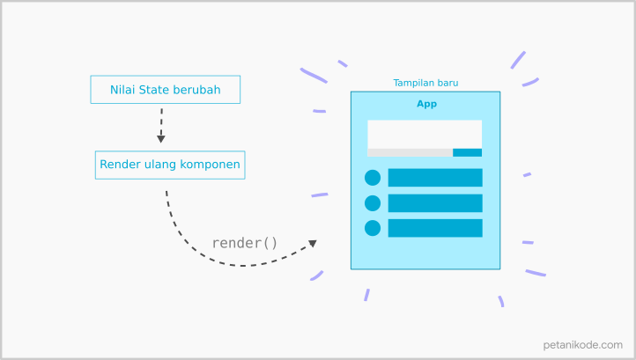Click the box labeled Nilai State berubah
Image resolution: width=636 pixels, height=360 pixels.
click(165, 90)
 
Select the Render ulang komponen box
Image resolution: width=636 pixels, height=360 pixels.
click(170, 165)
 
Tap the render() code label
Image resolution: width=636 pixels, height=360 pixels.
click(245, 243)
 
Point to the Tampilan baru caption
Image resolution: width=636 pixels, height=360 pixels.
click(425, 83)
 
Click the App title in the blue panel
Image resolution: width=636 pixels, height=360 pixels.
click(426, 104)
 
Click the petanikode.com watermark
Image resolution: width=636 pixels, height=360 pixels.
click(582, 345)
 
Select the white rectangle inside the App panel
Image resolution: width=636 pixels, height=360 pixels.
click(425, 134)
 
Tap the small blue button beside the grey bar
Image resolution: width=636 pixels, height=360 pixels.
click(467, 153)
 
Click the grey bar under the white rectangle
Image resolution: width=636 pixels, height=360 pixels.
click(410, 153)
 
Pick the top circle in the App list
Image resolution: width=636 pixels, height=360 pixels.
click(373, 178)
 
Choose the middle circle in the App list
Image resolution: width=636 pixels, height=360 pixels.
click(373, 203)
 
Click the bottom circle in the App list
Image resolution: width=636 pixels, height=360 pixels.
click(373, 228)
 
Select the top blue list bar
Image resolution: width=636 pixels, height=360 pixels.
click(435, 178)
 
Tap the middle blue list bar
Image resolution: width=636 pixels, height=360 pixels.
click(435, 203)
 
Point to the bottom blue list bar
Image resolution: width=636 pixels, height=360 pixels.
click(435, 228)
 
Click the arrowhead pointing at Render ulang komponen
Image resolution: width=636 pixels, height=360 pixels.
click(161, 139)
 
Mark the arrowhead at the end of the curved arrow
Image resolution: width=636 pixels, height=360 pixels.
click(313, 243)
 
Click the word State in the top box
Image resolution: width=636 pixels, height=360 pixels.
click(153, 90)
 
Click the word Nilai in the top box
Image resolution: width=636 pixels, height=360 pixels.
click(122, 90)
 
